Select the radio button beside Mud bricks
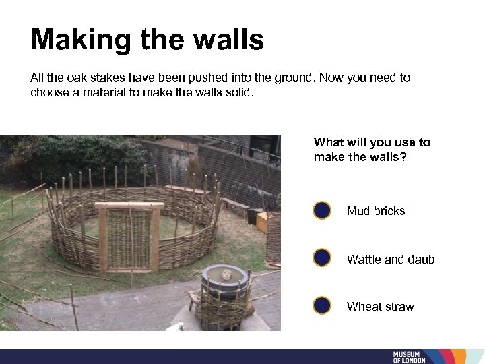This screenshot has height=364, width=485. click(x=322, y=211)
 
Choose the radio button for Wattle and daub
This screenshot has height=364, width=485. click(x=322, y=258)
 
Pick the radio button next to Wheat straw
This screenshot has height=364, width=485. click(x=322, y=306)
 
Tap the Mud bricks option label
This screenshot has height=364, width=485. click(x=376, y=211)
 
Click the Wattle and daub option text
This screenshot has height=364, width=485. click(x=391, y=259)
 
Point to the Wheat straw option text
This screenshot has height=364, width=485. click(x=381, y=307)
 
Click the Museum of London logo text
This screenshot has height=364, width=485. click(x=410, y=357)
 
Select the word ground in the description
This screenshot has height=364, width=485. click(x=293, y=78)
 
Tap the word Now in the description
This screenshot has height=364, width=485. click(x=331, y=78)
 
